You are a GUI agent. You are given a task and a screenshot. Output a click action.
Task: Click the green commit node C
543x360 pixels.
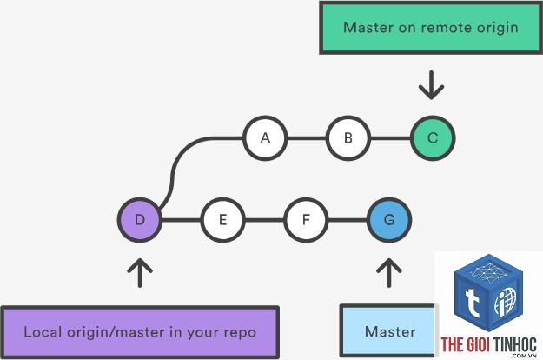pyautogui.click(x=433, y=138)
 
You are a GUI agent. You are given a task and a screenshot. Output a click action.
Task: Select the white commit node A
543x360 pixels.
pyautogui.click(x=265, y=138)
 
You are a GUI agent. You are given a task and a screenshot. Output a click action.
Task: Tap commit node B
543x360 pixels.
pyautogui.click(x=348, y=138)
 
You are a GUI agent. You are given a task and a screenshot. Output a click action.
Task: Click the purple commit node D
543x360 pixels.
pyautogui.click(x=140, y=220)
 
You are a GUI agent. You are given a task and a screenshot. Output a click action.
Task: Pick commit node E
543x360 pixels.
pyautogui.click(x=223, y=220)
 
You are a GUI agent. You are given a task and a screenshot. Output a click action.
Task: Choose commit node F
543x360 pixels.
pyautogui.click(x=306, y=220)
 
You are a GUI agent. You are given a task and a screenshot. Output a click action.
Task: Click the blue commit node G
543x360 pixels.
pyautogui.click(x=389, y=220)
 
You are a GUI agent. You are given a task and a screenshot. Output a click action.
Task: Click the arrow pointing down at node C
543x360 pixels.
pyautogui.click(x=431, y=85)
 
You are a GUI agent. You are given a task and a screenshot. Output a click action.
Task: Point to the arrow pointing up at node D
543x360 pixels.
pyautogui.click(x=140, y=273)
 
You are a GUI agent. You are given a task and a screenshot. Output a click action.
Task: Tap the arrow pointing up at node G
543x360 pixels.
pyautogui.click(x=389, y=273)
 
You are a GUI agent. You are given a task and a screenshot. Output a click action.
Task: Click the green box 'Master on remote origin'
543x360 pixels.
pyautogui.click(x=431, y=28)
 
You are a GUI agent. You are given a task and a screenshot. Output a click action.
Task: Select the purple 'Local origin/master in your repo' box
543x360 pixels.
pyautogui.click(x=140, y=332)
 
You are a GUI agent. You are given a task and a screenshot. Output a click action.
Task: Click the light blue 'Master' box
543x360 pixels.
pyautogui.click(x=387, y=331)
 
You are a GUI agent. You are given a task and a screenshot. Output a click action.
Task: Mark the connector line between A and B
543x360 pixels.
pyautogui.click(x=307, y=138)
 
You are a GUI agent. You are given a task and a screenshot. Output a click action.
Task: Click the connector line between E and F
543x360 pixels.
pyautogui.click(x=265, y=220)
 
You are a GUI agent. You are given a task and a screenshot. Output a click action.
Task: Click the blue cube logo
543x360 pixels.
pyautogui.click(x=488, y=293)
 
